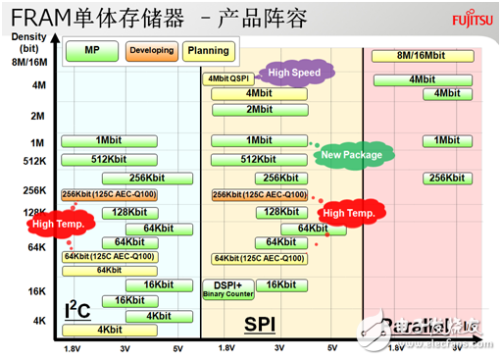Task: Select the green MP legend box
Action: pyautogui.click(x=91, y=50)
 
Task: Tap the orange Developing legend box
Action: pyautogui.click(x=151, y=50)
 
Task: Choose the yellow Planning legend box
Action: pyautogui.click(x=207, y=50)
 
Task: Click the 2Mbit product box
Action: pyautogui.click(x=260, y=110)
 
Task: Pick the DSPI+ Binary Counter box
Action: pyautogui.click(x=227, y=287)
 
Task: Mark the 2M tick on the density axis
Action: pyautogui.click(x=37, y=116)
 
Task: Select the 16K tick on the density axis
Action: pyautogui.click(x=36, y=291)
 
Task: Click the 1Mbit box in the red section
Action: pyautogui.click(x=446, y=140)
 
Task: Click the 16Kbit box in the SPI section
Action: pyautogui.click(x=280, y=284)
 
